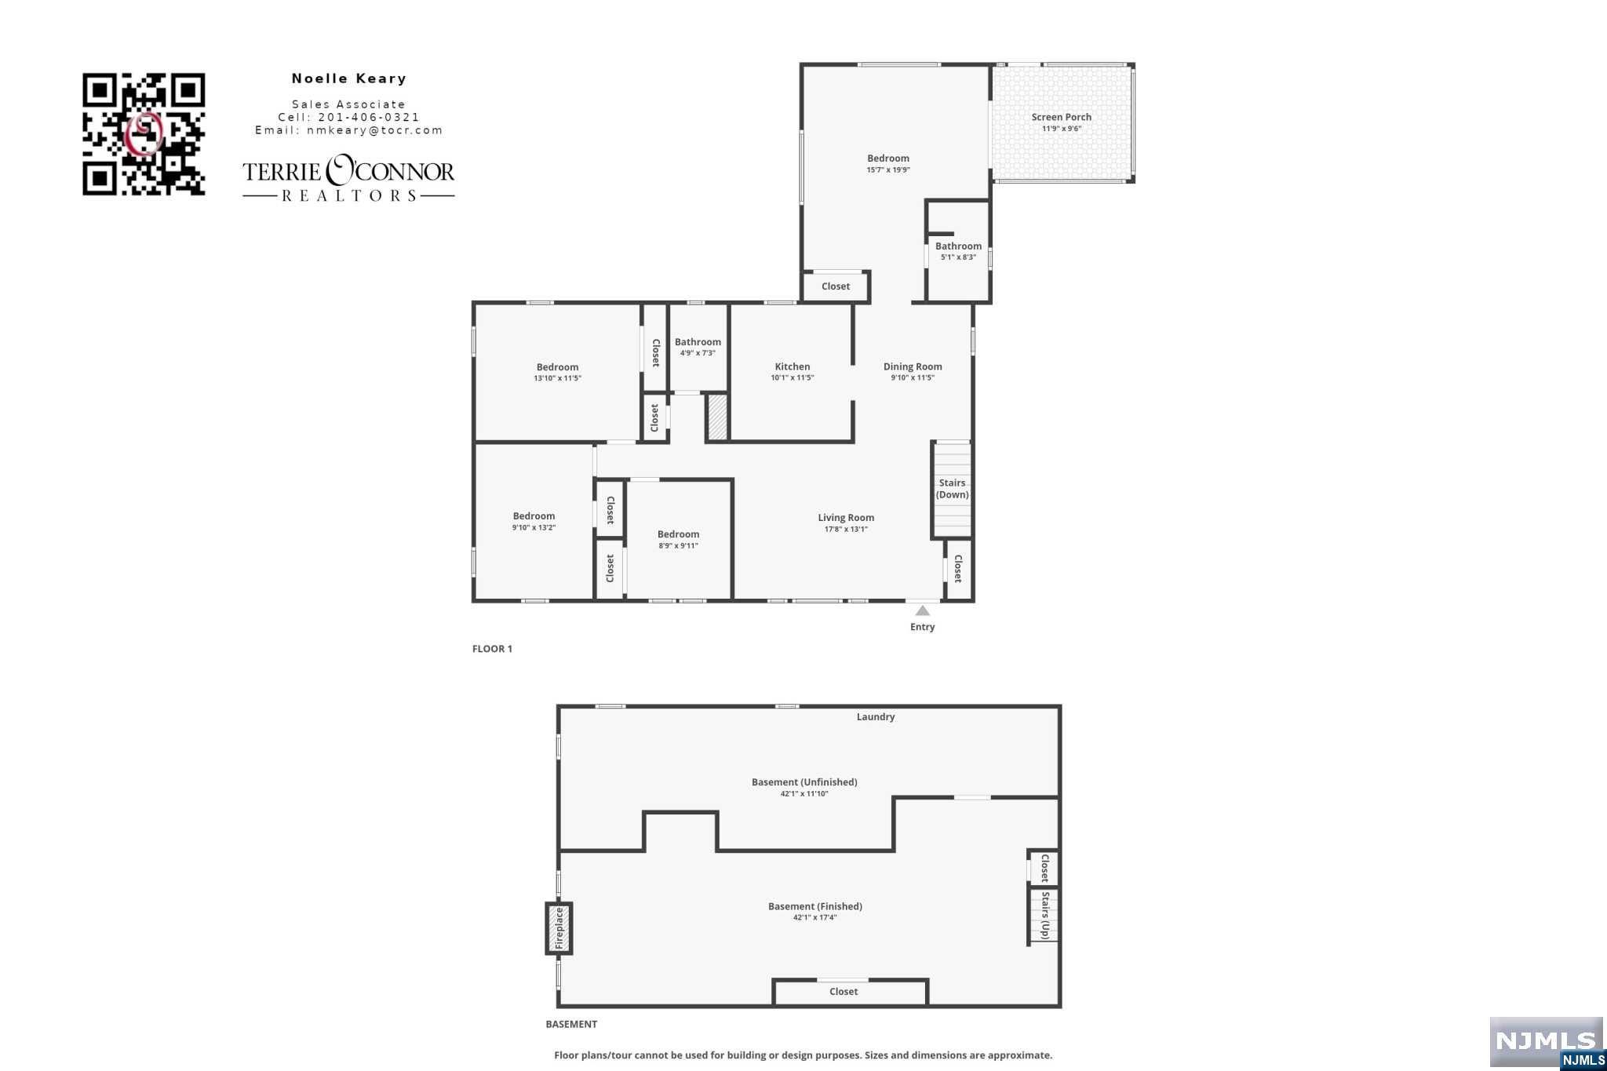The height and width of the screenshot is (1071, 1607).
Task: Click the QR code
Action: click(144, 134)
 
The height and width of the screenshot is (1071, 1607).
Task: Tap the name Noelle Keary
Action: click(349, 78)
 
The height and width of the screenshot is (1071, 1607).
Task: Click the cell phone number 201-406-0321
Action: click(369, 117)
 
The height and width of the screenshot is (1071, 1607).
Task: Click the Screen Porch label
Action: click(1061, 117)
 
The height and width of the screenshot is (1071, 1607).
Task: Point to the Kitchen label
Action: click(793, 366)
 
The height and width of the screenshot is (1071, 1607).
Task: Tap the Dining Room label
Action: click(913, 366)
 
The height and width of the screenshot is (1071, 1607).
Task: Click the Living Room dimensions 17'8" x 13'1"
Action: click(846, 529)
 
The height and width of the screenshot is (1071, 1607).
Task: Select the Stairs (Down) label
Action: click(953, 489)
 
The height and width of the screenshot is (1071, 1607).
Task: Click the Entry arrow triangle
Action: click(923, 610)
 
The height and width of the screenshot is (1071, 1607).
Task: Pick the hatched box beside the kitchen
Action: click(717, 417)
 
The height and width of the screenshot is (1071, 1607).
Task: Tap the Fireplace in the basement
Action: click(559, 928)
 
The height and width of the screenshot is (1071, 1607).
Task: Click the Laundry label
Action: click(876, 716)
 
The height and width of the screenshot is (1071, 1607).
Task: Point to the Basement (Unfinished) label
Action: click(804, 781)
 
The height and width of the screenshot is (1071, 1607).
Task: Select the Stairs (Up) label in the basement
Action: click(1044, 915)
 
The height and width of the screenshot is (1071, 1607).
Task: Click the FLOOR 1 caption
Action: click(492, 649)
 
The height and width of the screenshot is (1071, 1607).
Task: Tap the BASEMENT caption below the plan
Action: click(571, 1024)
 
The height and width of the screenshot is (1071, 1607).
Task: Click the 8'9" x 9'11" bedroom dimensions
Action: click(678, 545)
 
